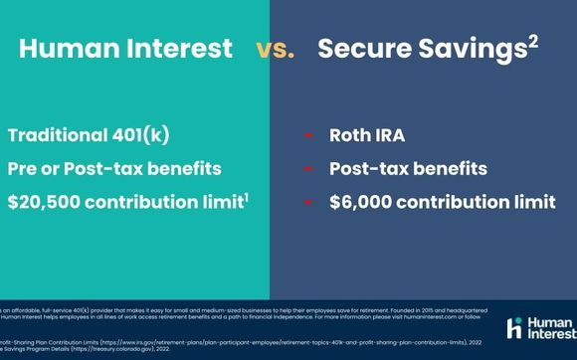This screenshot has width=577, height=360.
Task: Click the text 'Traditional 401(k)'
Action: click(x=94, y=137)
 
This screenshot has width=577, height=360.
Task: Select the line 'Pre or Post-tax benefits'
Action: click(x=114, y=169)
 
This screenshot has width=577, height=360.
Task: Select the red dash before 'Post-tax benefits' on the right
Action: click(x=308, y=170)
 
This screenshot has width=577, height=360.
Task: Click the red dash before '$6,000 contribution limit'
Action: click(x=308, y=203)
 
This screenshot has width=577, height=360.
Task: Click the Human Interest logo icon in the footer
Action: click(x=514, y=328)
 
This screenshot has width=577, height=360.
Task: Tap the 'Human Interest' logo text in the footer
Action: click(x=550, y=328)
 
